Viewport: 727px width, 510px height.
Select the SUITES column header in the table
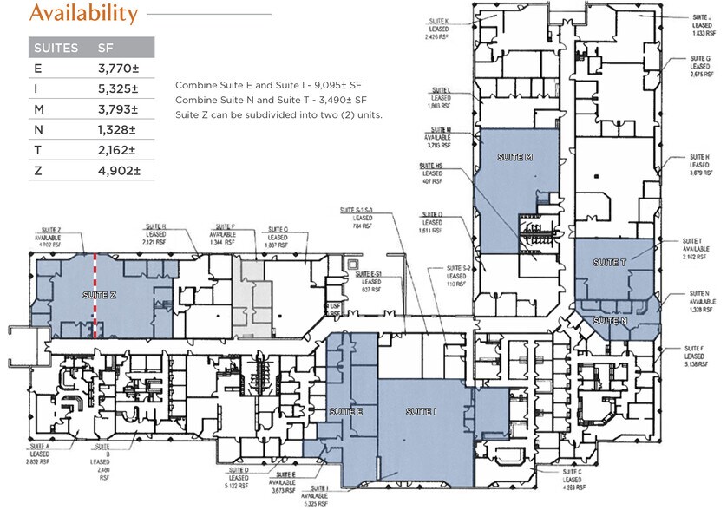coord(55,48)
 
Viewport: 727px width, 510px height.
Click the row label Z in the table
coord(36,170)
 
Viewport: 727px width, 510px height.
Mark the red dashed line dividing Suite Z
coord(95,295)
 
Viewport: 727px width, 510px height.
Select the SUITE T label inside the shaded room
coord(606,261)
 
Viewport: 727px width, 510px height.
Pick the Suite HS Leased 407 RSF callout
coord(431,173)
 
